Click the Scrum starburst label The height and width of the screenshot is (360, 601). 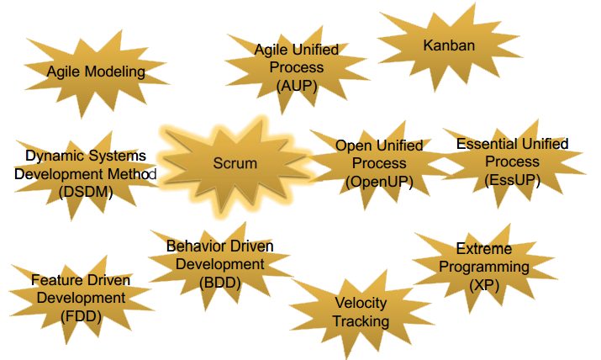tap(235, 163)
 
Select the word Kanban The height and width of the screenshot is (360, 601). tap(449, 46)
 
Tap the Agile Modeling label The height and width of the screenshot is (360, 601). tap(96, 72)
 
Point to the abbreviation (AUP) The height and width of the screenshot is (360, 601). tap(297, 84)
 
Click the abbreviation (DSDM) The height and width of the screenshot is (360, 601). tap(86, 192)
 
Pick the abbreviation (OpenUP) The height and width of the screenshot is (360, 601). tap(380, 181)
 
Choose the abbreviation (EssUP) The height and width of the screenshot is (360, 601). tap(512, 179)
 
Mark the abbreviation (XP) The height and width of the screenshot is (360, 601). tap(483, 284)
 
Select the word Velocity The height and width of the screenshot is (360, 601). tap(361, 304)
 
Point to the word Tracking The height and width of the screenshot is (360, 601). tap(361, 321)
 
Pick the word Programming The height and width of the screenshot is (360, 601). tap(483, 267)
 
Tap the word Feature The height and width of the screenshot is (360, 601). tap(56, 280)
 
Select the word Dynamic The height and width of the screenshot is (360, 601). tap(51, 156)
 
